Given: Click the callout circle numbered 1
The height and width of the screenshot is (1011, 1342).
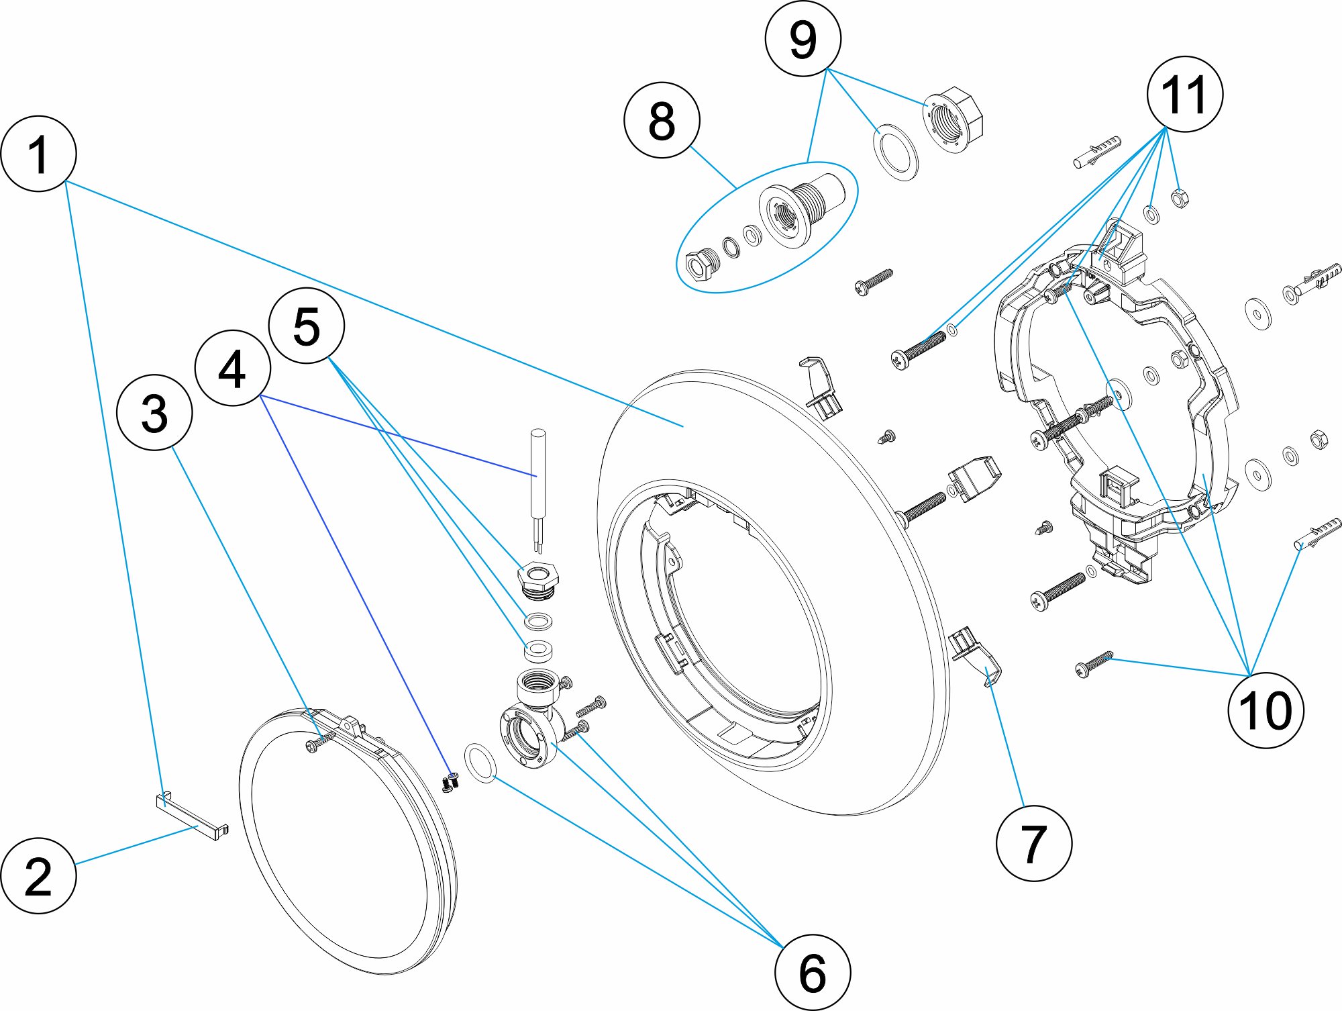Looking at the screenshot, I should click(38, 154).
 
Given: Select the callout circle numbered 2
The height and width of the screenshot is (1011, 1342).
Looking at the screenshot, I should click(38, 875).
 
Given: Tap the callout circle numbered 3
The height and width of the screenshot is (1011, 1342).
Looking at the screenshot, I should click(154, 412).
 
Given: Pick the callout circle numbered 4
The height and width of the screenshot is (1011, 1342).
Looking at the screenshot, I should click(232, 368).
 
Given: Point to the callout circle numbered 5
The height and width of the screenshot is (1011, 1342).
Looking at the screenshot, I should click(306, 326).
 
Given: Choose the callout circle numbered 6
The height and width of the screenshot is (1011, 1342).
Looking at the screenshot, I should click(812, 972).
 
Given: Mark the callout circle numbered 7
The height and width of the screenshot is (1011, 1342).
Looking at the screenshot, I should click(1033, 843).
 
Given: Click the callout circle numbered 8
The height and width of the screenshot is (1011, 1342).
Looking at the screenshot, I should click(662, 121).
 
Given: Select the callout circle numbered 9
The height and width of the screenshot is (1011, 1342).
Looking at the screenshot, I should click(803, 39).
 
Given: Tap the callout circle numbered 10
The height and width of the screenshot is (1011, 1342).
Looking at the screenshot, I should click(1265, 710).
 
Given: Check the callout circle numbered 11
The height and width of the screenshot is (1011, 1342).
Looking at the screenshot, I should click(1184, 94).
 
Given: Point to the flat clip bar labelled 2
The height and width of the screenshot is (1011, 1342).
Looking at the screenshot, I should click(192, 814).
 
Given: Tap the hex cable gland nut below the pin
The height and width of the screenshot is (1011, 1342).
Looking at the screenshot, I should click(537, 579).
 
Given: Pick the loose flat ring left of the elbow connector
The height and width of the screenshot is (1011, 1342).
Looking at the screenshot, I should click(480, 763).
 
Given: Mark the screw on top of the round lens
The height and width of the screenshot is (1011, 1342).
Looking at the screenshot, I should click(319, 742).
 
